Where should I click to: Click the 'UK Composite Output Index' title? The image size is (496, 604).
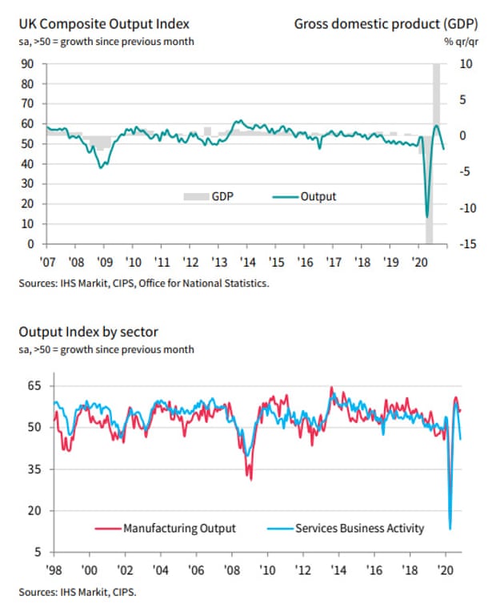pos(104,24)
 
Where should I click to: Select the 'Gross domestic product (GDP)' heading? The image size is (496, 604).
pos(386,24)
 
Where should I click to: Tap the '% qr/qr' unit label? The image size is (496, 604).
pos(461,42)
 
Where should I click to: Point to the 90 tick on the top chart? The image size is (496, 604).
pos(27,63)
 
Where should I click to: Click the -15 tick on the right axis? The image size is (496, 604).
pos(467,244)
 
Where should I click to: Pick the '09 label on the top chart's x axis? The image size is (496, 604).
pos(105,262)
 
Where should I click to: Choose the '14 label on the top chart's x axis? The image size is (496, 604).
pos(247,262)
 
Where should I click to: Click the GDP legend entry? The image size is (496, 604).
pos(208,196)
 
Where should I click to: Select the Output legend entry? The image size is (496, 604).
pos(304,196)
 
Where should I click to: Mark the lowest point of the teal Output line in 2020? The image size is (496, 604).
pos(427,217)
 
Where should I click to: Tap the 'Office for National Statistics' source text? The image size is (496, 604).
pos(203,284)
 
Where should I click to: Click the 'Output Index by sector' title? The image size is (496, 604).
pos(89,332)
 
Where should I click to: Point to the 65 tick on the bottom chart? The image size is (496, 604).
pos(34,385)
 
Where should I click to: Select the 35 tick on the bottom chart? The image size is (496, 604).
pos(34,469)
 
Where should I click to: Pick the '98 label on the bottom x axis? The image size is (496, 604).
pos(54,570)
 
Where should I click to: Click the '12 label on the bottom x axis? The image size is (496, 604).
pos(303,570)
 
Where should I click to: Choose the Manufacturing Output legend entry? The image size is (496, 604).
pos(165,528)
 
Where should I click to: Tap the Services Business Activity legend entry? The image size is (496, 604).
pos(345,528)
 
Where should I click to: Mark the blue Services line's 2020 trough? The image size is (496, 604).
pos(450,529)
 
